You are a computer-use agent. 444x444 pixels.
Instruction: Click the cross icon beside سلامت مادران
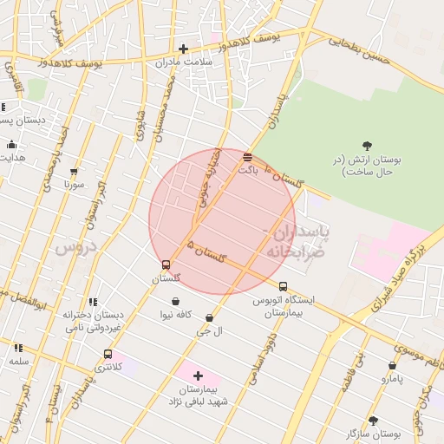point(183,49)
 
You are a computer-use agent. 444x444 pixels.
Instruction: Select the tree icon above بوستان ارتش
point(367,146)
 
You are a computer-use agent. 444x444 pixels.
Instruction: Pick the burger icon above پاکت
point(248,157)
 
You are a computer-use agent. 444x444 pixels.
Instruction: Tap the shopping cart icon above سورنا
point(74,172)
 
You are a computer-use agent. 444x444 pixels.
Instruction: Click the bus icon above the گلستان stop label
point(166,264)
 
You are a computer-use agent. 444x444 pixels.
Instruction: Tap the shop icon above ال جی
point(209,317)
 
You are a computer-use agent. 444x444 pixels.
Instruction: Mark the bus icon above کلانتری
point(108,354)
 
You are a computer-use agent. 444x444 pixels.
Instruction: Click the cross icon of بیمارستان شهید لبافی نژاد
point(199,375)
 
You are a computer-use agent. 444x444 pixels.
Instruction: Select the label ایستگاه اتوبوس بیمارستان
point(284,305)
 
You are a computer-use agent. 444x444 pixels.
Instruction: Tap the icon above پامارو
point(388,367)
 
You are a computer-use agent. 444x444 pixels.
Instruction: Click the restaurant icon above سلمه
point(19,348)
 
